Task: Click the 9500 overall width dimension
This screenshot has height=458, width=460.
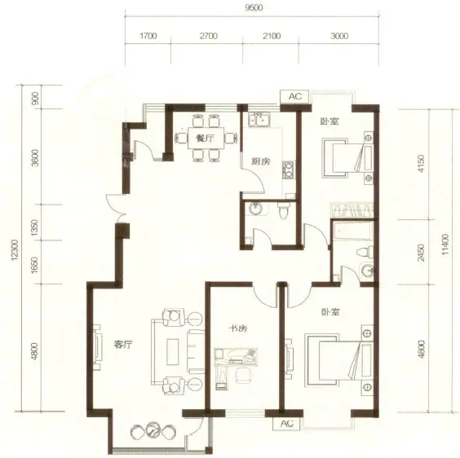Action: pos(254,8)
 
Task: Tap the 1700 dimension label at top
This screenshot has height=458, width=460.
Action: pos(148,36)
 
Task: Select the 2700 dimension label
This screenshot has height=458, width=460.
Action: pos(209,36)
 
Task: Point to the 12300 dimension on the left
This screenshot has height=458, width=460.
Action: pos(15,250)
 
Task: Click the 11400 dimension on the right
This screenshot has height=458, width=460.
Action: pos(445,244)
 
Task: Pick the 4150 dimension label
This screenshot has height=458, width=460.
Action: pos(421,164)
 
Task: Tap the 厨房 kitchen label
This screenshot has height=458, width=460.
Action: pos(261,161)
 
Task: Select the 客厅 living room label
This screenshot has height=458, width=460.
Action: pos(123,344)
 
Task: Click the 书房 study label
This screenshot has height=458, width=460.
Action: pos(238,328)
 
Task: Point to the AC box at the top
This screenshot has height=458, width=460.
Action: pos(294,96)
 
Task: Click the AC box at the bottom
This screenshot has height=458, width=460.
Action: pos(287,424)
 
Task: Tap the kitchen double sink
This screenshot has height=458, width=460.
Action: pos(259,119)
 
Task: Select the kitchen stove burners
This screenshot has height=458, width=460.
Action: pos(289,170)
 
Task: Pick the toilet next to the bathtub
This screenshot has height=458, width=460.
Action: pos(365,253)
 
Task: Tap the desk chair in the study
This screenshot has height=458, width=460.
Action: pos(244,375)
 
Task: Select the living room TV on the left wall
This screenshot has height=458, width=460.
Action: pos(98,347)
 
